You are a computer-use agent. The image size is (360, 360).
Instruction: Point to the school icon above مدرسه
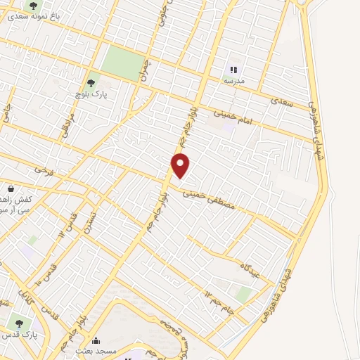(233, 70)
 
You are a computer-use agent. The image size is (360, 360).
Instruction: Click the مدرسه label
(233, 82)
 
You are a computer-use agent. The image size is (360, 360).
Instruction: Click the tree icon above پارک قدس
(19, 324)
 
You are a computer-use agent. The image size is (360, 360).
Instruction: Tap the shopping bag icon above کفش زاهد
(11, 188)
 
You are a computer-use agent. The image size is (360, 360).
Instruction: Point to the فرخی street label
(40, 170)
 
